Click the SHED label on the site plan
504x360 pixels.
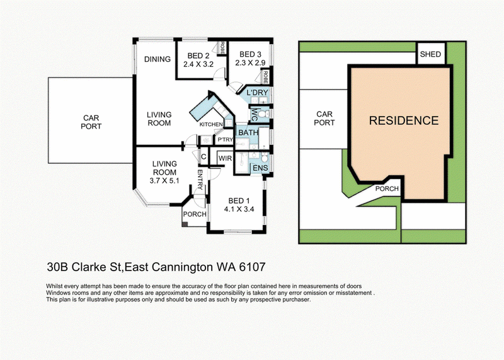[x=430, y=54]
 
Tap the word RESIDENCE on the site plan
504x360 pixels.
[x=404, y=120]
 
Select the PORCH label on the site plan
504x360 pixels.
[x=387, y=189]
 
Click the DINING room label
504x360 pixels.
[x=157, y=59]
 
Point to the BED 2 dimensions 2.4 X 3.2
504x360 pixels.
[x=198, y=64]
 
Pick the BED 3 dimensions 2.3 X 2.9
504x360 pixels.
[x=250, y=63]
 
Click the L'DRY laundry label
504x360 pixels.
[x=257, y=93]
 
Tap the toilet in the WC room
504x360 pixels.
[x=262, y=114]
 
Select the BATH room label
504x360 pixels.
[x=248, y=132]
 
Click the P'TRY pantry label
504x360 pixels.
[x=225, y=139]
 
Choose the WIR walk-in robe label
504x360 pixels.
[x=225, y=159]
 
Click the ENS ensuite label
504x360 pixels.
[x=260, y=168]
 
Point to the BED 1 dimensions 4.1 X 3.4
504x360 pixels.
[x=239, y=209]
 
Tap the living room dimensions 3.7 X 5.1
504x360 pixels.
[x=164, y=181]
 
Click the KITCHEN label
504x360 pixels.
[x=211, y=124]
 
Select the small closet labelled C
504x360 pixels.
[x=203, y=157]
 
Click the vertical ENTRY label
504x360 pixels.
[x=200, y=180]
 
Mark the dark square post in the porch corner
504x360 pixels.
[x=185, y=224]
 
